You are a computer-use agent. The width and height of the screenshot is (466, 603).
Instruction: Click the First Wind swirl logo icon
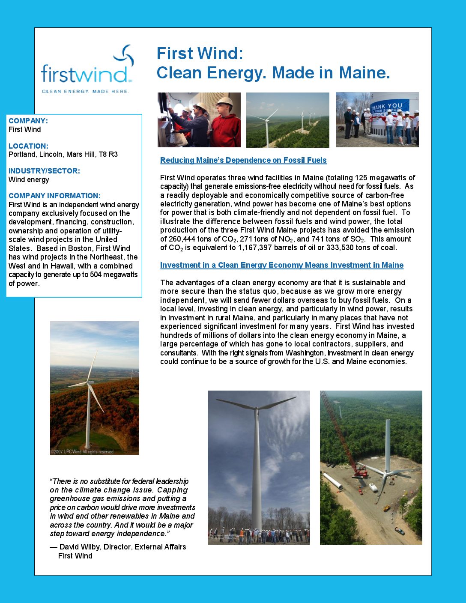coord(124,56)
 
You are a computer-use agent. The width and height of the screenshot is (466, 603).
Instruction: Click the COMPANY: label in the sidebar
coord(28,121)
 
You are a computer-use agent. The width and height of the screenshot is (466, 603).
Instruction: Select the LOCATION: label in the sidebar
coord(28,146)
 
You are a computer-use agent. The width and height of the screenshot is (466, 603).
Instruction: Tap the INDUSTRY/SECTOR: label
coord(44,171)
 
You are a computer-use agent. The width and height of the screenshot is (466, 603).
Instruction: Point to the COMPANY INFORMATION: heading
coord(54,196)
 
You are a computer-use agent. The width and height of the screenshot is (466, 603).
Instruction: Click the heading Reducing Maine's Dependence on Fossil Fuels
coord(243,160)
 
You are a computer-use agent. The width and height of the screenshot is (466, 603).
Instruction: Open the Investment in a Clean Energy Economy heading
coord(281,265)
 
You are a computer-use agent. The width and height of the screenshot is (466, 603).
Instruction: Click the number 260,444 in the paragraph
coord(182,239)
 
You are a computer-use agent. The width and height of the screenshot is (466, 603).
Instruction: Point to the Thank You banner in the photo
coord(387,109)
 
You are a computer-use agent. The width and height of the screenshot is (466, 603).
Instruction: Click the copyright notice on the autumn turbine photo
coord(82,451)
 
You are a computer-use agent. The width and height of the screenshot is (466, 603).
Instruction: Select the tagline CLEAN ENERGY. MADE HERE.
coord(85,91)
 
